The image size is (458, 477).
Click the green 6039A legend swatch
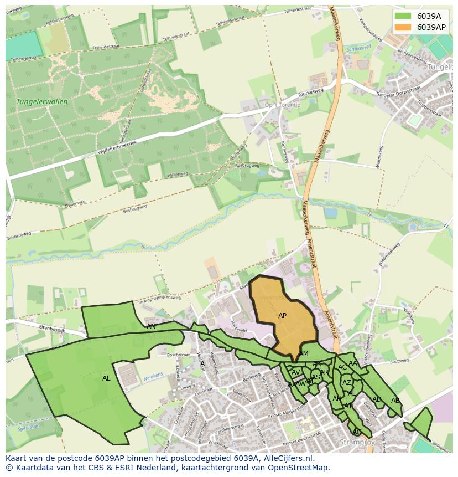click(403, 16)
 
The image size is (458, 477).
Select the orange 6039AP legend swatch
click(403, 27)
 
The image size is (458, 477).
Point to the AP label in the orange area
click(282, 316)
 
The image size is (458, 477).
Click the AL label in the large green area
click(106, 378)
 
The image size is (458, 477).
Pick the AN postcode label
click(151, 327)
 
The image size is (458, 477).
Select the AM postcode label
click(303, 354)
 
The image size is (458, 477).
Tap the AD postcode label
click(377, 399)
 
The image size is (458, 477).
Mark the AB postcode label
click(395, 401)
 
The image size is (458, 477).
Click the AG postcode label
click(357, 432)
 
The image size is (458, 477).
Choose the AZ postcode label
click(347, 383)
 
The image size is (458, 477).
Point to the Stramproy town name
click(357, 442)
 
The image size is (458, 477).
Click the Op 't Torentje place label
click(282, 105)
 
